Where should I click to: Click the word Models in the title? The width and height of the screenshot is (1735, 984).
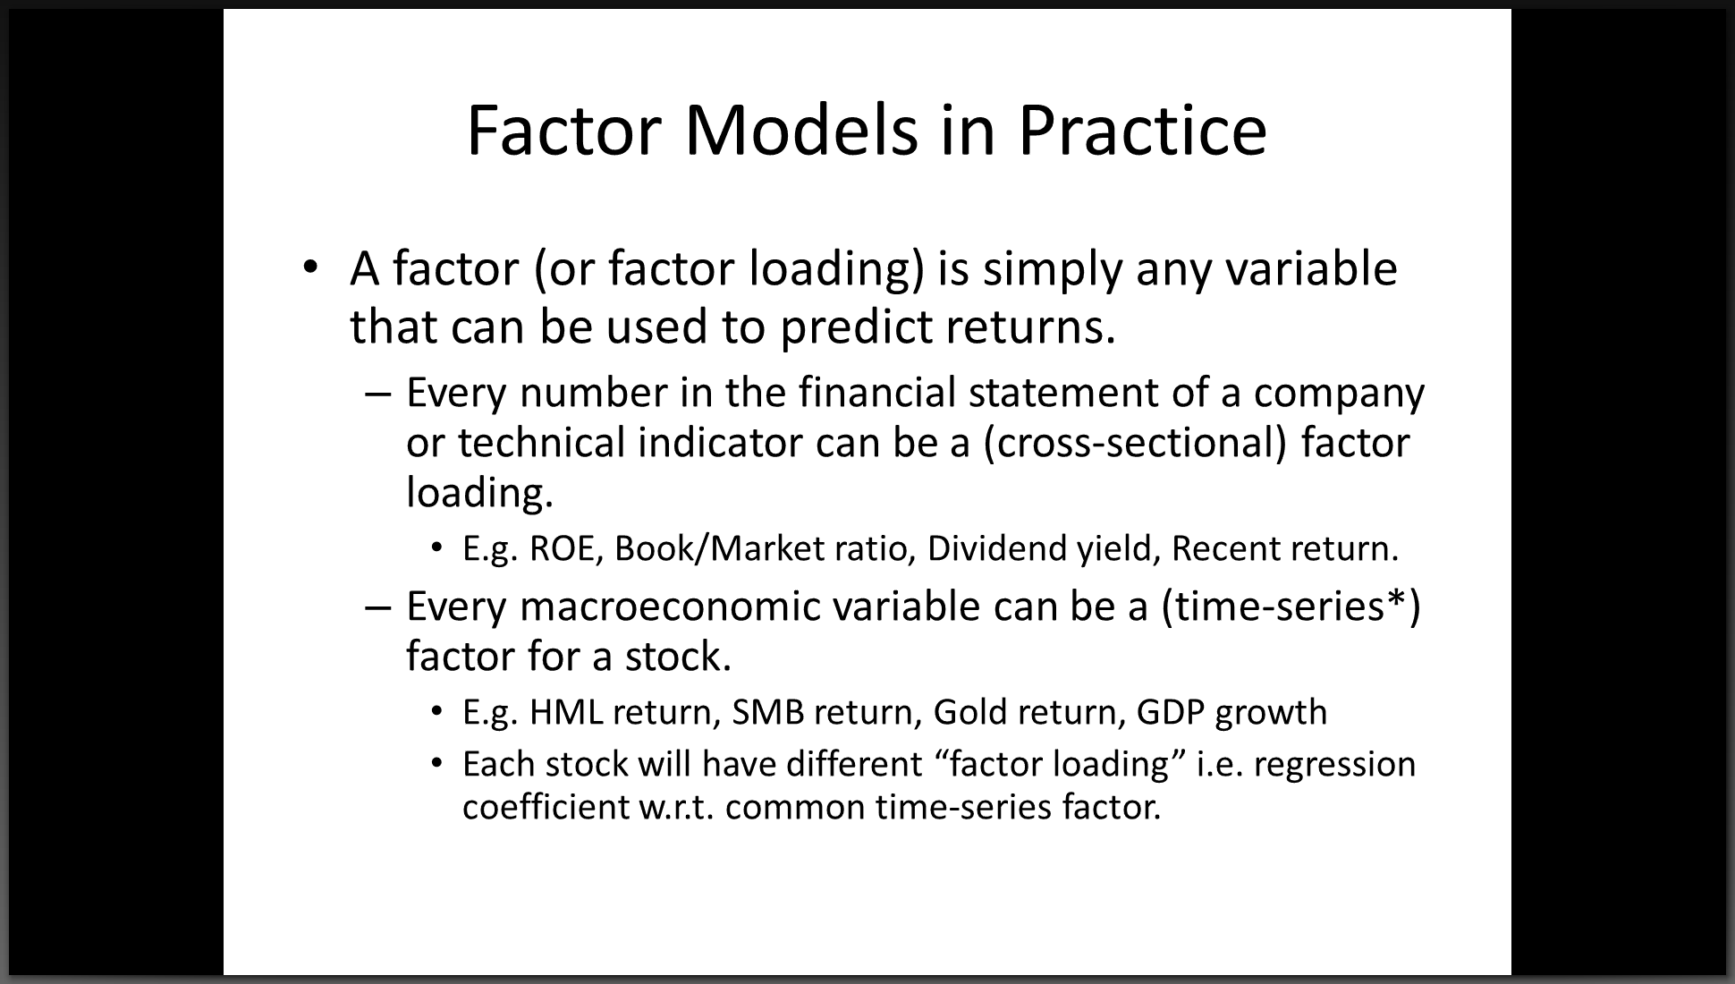[801, 131]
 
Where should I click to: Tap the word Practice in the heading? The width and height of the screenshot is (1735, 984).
[1142, 131]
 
